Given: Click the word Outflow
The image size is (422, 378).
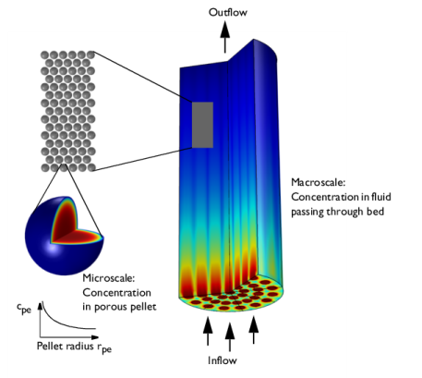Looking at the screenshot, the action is point(228,12).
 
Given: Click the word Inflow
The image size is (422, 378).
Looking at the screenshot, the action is point(223,360).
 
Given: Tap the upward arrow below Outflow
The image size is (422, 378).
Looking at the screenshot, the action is point(225,37).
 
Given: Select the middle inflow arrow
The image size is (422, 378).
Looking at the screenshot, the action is point(230,337).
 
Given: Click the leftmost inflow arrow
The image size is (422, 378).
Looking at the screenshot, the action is point(208,331).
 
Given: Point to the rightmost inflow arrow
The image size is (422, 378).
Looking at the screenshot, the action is point(254,330).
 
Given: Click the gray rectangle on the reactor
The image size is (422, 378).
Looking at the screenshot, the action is point(202,125).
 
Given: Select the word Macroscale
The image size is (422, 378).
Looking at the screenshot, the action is point(319,182).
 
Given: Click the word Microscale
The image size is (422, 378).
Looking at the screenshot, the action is point(109,278).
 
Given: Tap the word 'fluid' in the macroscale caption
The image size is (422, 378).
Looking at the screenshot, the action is point(381,197).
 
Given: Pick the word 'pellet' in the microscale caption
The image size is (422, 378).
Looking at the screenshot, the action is point(145,307).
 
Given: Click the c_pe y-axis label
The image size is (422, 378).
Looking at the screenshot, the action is point(24,308).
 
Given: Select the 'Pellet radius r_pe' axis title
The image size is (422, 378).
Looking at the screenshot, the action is point(74,348).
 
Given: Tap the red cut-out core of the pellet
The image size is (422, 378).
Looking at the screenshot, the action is point(73,225).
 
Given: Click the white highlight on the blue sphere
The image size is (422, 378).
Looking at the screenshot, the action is point(52,247).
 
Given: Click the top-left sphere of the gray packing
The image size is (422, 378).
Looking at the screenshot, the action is point(45,55).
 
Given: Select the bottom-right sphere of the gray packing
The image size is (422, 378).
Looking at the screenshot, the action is point(91,167).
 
